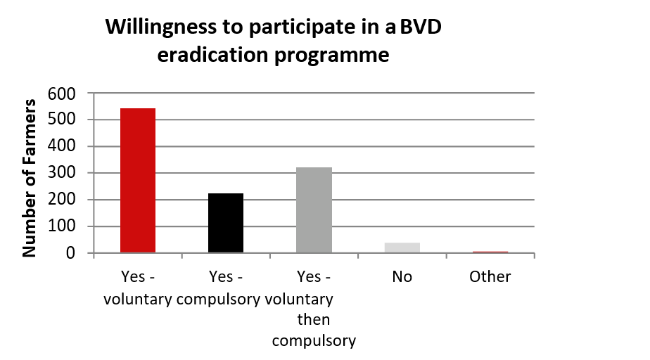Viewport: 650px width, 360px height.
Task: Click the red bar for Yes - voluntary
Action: [x=138, y=181]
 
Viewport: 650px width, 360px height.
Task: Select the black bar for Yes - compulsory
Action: [x=226, y=223]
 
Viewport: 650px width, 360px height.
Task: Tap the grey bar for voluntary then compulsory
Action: [x=314, y=210]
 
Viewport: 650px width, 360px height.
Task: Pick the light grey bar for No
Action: [x=402, y=247]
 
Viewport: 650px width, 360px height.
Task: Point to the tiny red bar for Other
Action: [x=490, y=252]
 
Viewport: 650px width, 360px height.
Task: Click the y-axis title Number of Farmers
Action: [x=30, y=178]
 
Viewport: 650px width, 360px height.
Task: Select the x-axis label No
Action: [x=402, y=277]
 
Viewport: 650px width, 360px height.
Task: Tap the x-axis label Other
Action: [x=490, y=277]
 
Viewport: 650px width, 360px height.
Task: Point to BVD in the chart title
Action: [x=422, y=29]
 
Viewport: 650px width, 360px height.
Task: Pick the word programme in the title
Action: [x=334, y=55]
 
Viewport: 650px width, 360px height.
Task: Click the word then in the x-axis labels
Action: [x=314, y=320]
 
